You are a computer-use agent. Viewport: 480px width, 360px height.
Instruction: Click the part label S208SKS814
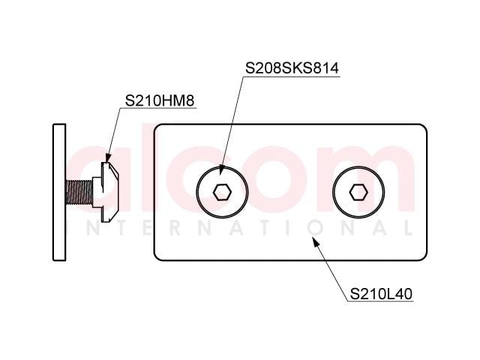292,68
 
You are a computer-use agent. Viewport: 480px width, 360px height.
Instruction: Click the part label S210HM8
160,100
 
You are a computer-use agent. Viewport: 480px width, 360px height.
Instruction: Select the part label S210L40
381,294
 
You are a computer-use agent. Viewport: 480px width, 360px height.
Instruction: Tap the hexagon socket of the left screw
222,193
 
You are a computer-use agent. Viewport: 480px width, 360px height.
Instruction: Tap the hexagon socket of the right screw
358,193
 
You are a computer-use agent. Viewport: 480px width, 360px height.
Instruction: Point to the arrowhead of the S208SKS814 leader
222,170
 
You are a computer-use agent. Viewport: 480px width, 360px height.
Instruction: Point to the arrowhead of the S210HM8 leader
108,157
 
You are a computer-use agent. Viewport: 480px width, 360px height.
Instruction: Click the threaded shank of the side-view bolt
79,193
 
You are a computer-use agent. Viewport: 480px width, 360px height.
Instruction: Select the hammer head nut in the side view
106,192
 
